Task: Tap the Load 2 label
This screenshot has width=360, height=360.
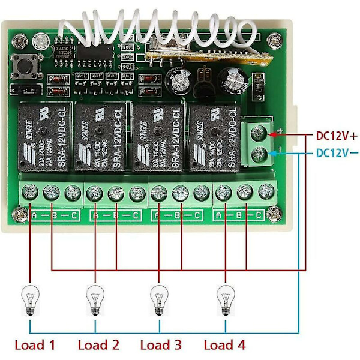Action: (x=98, y=345)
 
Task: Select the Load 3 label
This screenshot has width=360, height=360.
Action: (x=161, y=345)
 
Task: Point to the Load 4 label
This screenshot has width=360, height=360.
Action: (x=224, y=345)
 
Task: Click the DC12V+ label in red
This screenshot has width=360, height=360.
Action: (x=337, y=135)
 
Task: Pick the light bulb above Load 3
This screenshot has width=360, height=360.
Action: (x=158, y=298)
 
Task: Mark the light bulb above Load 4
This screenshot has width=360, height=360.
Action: (x=225, y=298)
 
